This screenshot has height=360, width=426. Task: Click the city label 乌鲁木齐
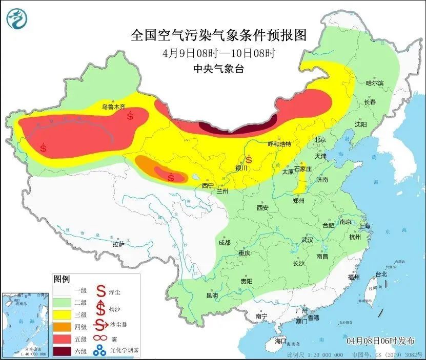click(x=113, y=107)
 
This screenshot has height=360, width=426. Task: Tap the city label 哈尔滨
click(x=374, y=82)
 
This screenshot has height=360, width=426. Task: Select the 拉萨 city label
click(x=118, y=244)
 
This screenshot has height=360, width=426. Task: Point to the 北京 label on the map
click(x=320, y=139)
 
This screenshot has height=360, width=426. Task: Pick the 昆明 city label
click(x=212, y=295)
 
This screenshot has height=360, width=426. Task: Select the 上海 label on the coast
click(x=365, y=226)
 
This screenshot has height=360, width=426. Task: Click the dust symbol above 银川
click(x=249, y=159)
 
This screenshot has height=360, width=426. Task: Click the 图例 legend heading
click(x=62, y=279)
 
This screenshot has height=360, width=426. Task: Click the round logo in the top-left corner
click(x=16, y=18)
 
